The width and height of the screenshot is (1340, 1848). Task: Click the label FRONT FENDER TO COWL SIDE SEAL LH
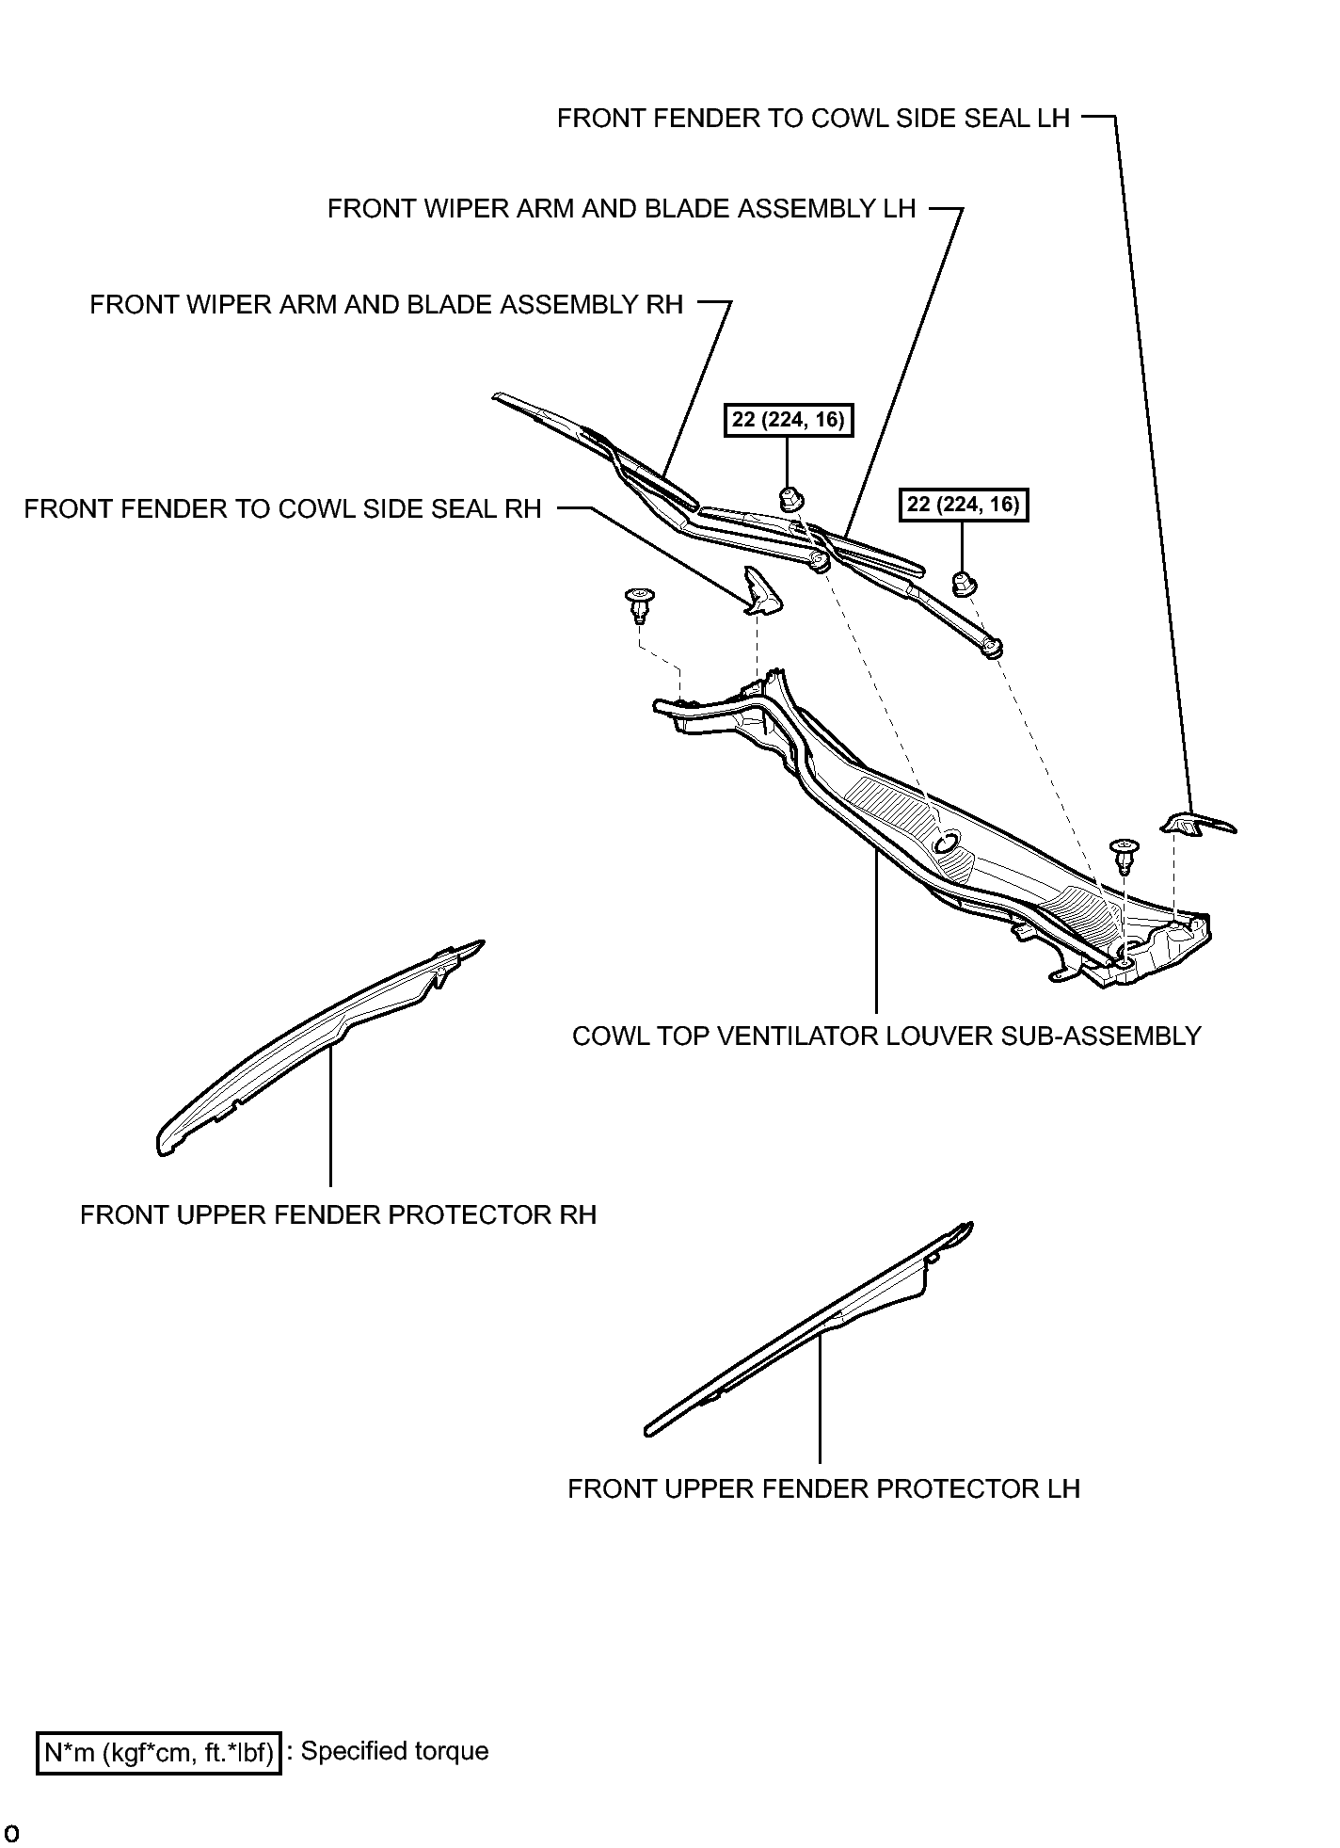(813, 119)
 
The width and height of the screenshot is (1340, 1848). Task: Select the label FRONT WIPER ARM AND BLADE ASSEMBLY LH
(621, 209)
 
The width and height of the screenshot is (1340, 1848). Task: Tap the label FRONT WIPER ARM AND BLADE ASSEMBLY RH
(386, 305)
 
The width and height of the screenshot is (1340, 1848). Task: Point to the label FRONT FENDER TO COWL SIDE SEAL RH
(282, 509)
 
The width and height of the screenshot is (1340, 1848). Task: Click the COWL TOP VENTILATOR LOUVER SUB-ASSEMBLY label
(886, 1036)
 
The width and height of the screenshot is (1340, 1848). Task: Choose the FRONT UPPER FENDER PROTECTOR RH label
(338, 1215)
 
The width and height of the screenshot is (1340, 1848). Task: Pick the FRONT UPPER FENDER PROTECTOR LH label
(823, 1489)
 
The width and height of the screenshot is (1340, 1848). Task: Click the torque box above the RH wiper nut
(789, 419)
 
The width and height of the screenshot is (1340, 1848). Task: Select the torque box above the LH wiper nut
(963, 505)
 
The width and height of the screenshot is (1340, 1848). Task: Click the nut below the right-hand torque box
(963, 584)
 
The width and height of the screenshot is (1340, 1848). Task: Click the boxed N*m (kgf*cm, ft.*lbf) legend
(159, 1752)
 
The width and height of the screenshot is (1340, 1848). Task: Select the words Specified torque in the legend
(394, 1751)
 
